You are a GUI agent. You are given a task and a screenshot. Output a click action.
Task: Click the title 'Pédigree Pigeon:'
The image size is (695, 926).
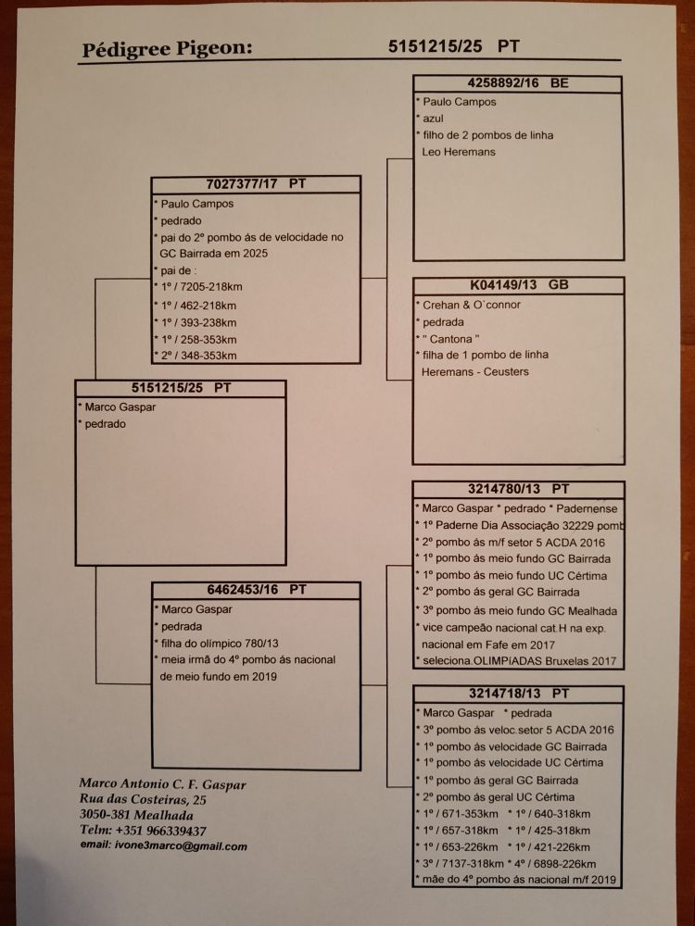tap(166, 49)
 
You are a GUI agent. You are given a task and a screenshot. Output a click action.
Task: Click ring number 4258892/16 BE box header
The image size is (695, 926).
tap(518, 83)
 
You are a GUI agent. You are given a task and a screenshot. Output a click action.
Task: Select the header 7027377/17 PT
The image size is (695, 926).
tap(256, 183)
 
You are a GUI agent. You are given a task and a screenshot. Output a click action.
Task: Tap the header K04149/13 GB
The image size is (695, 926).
tap(518, 285)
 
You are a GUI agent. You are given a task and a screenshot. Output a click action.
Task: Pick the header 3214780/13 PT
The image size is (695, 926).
tap(518, 488)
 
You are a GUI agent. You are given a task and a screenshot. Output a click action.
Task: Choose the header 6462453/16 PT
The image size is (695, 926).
tap(256, 589)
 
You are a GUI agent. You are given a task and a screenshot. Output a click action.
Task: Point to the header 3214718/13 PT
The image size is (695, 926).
tap(518, 693)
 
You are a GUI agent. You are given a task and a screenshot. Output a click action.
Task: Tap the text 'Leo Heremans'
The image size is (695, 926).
tap(460, 152)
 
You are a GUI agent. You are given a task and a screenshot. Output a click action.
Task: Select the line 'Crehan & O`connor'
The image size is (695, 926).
tap(470, 305)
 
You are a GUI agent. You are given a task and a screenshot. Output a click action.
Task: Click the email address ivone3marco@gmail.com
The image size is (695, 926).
tap(163, 845)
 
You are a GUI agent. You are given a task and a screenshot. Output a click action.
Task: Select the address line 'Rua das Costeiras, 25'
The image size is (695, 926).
tap(143, 799)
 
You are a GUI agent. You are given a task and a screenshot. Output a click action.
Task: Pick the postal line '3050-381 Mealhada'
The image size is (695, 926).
tap(136, 815)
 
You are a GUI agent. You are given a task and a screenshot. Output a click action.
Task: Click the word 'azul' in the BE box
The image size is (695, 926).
tap(435, 119)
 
